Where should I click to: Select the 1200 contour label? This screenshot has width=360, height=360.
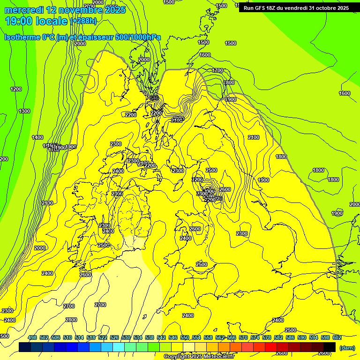tap(16, 89)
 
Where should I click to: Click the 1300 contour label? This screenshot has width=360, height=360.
tap(24, 111)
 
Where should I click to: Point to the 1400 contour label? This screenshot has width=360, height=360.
tap(37, 137)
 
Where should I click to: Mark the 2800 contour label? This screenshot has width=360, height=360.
tap(71, 320)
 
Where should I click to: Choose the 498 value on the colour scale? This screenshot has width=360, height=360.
tap(32, 338)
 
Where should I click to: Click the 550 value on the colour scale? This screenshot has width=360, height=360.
tap(185, 338)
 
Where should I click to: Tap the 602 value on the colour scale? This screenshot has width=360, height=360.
tap(337, 338)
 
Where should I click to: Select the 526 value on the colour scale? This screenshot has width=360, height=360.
tap(114, 338)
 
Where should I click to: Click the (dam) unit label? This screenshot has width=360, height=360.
tap(347, 347)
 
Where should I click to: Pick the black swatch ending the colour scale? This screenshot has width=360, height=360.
tap(330, 347)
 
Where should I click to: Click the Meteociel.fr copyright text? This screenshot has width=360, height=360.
tap(198, 357)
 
